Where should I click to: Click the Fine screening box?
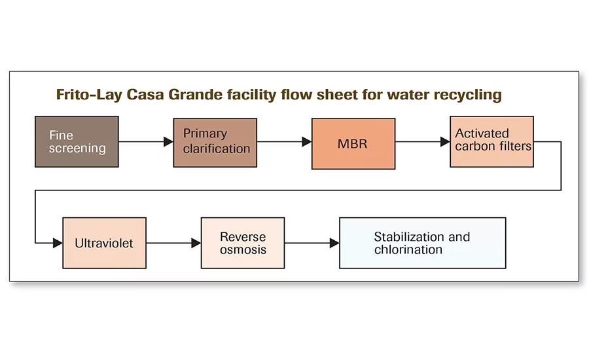click(77, 141)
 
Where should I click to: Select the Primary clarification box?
click(215, 141)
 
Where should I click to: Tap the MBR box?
click(353, 144)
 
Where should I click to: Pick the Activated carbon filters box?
click(491, 141)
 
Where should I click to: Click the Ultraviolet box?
click(104, 243)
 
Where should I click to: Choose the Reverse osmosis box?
click(242, 243)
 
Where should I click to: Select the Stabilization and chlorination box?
click(423, 243)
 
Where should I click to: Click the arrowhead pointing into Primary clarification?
click(168, 141)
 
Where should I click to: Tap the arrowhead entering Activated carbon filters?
click(445, 141)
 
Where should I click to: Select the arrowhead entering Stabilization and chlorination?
click(334, 243)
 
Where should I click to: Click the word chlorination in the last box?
click(408, 249)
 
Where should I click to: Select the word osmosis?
click(243, 249)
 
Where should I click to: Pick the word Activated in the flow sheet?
click(482, 134)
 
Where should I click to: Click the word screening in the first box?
click(77, 148)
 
